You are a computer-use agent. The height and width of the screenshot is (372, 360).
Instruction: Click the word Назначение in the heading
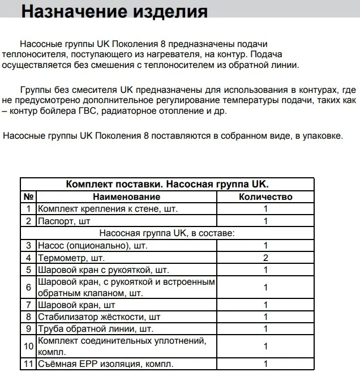click(72, 11)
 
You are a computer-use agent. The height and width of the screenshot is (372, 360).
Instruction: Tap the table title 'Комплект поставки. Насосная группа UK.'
click(168, 185)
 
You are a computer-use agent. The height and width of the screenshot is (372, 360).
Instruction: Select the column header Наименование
click(127, 196)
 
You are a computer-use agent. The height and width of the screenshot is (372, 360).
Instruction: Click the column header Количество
click(265, 196)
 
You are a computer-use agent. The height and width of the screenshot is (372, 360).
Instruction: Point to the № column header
click(28, 196)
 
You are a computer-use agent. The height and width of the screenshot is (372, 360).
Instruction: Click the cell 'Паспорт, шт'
click(64, 221)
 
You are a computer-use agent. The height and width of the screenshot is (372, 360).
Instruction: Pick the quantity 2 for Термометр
click(265, 258)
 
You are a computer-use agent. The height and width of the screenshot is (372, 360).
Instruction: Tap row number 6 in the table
click(28, 287)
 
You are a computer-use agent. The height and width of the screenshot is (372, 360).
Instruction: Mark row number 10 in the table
click(28, 346)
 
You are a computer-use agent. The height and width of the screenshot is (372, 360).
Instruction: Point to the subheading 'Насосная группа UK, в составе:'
click(168, 233)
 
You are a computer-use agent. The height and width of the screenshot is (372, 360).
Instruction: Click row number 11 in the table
click(28, 364)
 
